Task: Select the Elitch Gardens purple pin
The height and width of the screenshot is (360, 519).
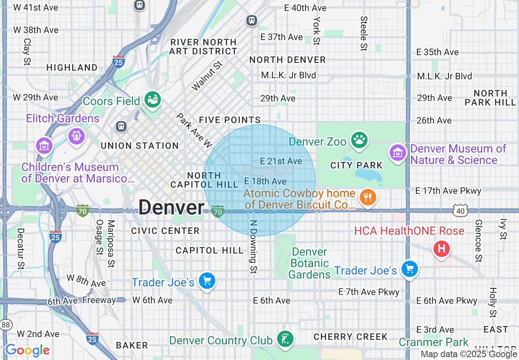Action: tap(76, 135)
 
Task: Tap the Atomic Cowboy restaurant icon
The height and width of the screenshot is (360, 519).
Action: tap(368, 198)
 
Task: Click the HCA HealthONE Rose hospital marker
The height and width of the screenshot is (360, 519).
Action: tap(442, 248)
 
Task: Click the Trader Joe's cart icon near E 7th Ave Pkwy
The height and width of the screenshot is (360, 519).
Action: tap(409, 269)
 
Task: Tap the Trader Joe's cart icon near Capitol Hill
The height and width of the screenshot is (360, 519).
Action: tap(207, 281)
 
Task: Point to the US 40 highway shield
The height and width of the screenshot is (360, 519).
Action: tap(460, 210)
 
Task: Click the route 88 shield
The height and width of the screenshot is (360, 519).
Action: tap(6, 324)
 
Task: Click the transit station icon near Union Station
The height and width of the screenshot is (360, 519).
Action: tap(121, 126)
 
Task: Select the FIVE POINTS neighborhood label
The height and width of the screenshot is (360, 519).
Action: tap(230, 120)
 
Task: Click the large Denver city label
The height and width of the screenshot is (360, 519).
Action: tap(171, 208)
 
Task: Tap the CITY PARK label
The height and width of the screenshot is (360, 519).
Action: tap(357, 165)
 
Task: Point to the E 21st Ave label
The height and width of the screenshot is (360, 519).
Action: tap(281, 161)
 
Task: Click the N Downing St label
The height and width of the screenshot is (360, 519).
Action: tap(254, 246)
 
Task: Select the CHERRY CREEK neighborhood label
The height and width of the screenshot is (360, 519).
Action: tap(350, 337)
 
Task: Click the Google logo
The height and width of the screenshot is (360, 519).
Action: tap(27, 350)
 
